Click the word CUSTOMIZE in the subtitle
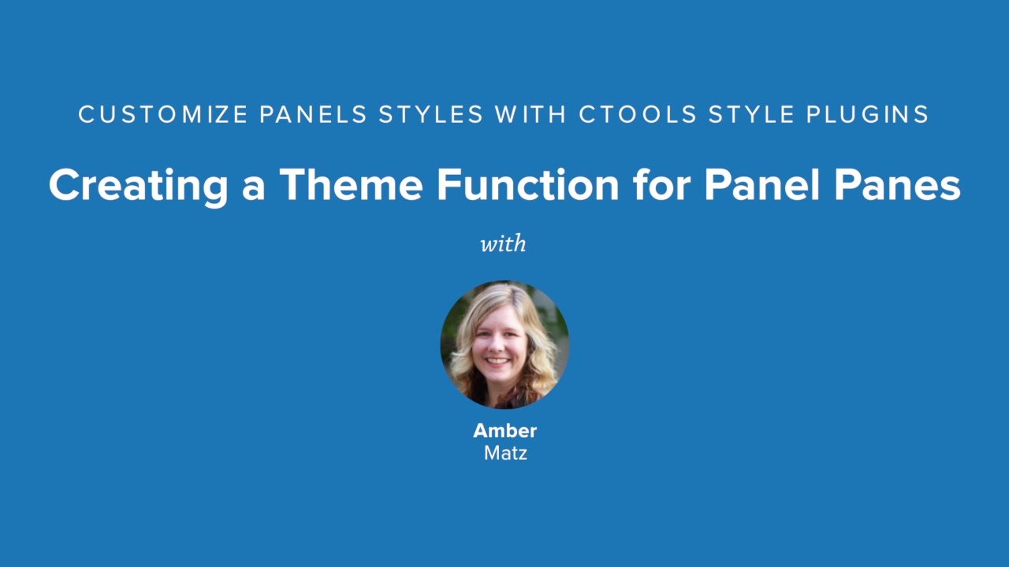162,115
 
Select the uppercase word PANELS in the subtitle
313,115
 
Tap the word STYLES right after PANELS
431,115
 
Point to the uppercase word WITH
531,115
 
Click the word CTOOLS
638,115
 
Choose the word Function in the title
527,185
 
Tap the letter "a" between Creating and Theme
254,187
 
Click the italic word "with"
504,243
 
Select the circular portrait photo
504,345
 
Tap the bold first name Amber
504,431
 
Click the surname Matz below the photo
504,453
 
